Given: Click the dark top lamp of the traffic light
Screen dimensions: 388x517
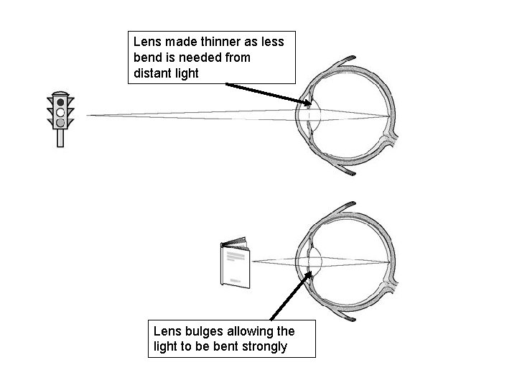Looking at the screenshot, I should [x=60, y=103].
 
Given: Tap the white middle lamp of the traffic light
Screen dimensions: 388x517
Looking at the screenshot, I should [x=60, y=113].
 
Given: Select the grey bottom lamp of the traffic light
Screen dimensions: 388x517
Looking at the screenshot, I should [x=60, y=123].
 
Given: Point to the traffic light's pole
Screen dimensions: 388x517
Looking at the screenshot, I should [x=60, y=138].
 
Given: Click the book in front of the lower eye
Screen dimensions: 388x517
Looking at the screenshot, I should [x=235, y=265].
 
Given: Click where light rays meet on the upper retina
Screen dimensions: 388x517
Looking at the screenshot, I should [x=389, y=115].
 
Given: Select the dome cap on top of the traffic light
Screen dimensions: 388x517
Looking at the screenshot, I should [x=60, y=93].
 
